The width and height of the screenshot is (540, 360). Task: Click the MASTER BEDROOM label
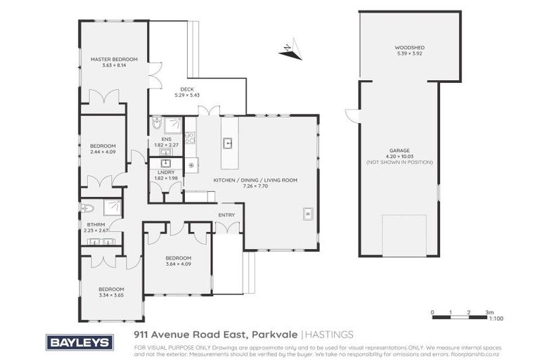tap(114, 59)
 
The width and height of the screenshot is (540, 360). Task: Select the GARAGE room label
tap(399, 150)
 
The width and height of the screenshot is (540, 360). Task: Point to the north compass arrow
tap(290, 49)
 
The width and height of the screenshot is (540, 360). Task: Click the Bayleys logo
tap(79, 342)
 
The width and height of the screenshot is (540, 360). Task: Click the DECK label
tap(186, 89)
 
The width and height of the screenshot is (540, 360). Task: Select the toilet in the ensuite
tap(157, 124)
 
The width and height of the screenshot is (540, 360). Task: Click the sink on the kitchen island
tap(228, 143)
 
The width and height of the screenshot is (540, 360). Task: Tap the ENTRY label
tap(226, 215)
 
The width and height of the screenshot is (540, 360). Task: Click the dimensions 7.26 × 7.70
tap(255, 186)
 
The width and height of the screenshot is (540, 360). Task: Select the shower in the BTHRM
tap(111, 207)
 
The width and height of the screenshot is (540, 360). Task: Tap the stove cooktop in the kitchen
tap(190, 138)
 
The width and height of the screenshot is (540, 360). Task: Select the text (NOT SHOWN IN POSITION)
tap(399, 162)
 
